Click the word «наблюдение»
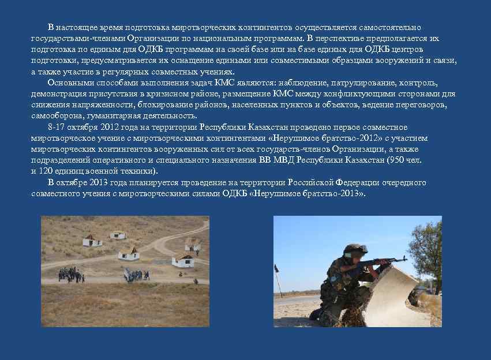(x=300, y=82)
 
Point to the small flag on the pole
(x=277, y=268)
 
